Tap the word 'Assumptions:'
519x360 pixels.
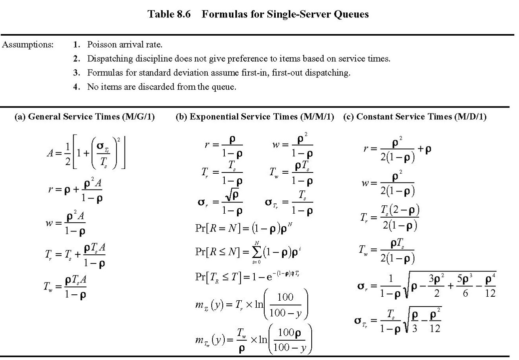click(28, 45)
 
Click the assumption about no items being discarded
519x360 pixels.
click(161, 87)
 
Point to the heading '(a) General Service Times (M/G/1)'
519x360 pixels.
click(84, 117)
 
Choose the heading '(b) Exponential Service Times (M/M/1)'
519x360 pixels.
click(255, 117)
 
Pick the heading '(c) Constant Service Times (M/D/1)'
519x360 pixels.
click(415, 117)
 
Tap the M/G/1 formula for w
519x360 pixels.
click(66, 224)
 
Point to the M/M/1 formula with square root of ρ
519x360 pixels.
click(220, 203)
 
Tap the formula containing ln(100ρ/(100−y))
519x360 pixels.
click(254, 339)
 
